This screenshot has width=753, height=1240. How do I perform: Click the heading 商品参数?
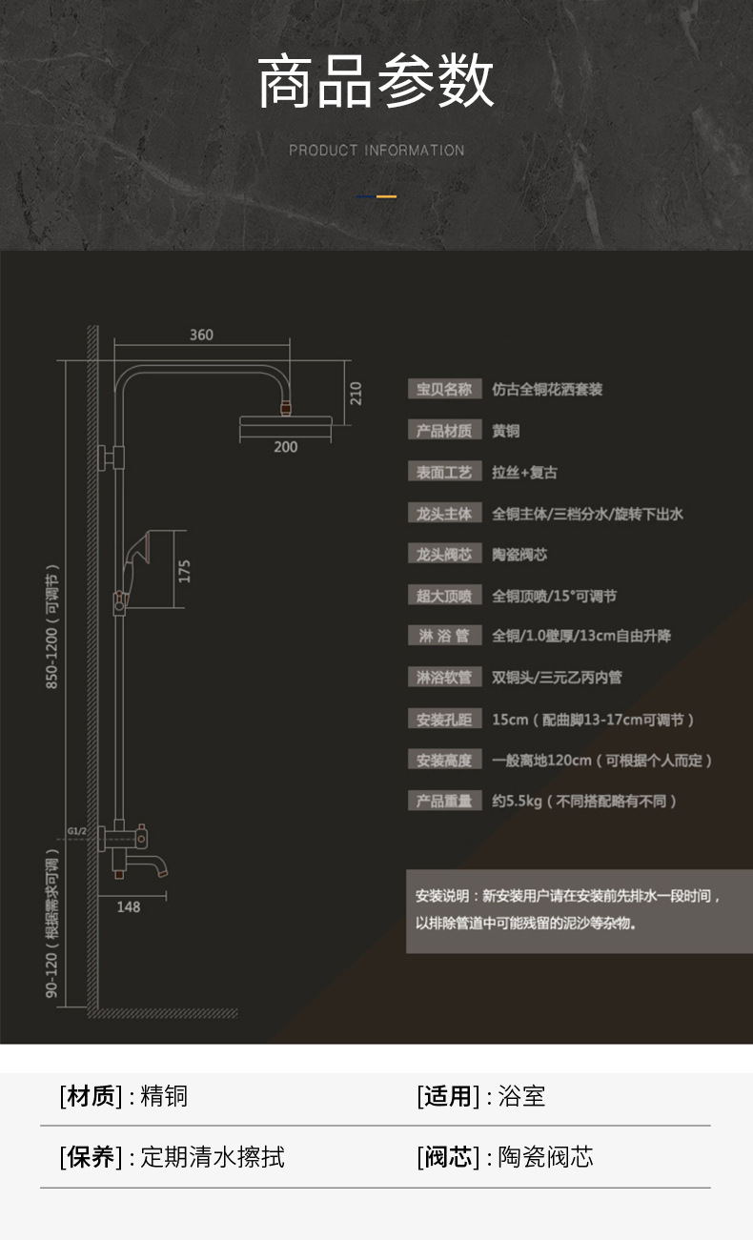[376, 82]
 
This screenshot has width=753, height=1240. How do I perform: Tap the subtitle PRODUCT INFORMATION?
[376, 151]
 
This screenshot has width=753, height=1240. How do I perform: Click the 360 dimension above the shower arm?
[201, 335]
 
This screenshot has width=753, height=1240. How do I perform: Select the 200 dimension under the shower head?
[285, 447]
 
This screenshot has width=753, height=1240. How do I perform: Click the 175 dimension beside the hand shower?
[185, 570]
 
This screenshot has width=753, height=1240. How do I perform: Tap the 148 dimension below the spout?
[129, 906]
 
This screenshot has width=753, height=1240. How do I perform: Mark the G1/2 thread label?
[77, 831]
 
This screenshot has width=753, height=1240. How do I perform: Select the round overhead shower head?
[284, 424]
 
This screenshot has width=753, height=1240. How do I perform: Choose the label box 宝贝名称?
[444, 389]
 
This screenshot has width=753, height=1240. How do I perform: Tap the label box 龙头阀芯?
[444, 555]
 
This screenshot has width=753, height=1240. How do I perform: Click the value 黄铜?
[506, 431]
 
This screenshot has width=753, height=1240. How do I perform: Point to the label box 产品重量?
[444, 801]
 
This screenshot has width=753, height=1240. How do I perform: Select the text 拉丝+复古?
[524, 472]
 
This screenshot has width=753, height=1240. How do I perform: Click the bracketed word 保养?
[91, 1157]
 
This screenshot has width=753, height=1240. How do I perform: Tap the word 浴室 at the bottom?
[522, 1096]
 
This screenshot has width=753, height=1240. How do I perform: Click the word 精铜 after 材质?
[164, 1096]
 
